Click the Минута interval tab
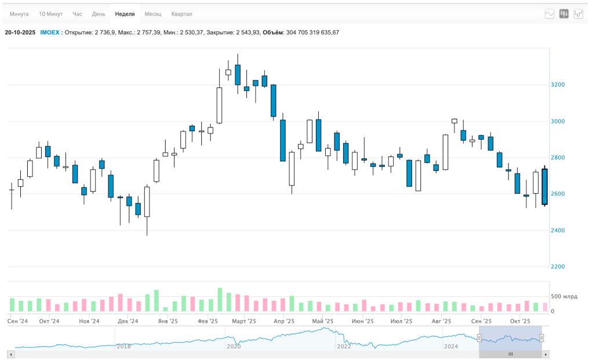19,14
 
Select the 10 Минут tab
50,14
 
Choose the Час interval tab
77,14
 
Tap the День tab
99,14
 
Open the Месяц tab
153,14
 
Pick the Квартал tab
181,14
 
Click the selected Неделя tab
125,14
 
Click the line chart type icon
550,14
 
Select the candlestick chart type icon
564,14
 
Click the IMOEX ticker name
50,32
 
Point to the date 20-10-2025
20,32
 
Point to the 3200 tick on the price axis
558,85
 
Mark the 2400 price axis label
558,230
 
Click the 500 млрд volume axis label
564,296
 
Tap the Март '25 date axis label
244,321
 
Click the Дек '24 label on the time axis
128,321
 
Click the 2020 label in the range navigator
234,346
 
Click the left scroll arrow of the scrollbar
11,354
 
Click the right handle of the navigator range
541,338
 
